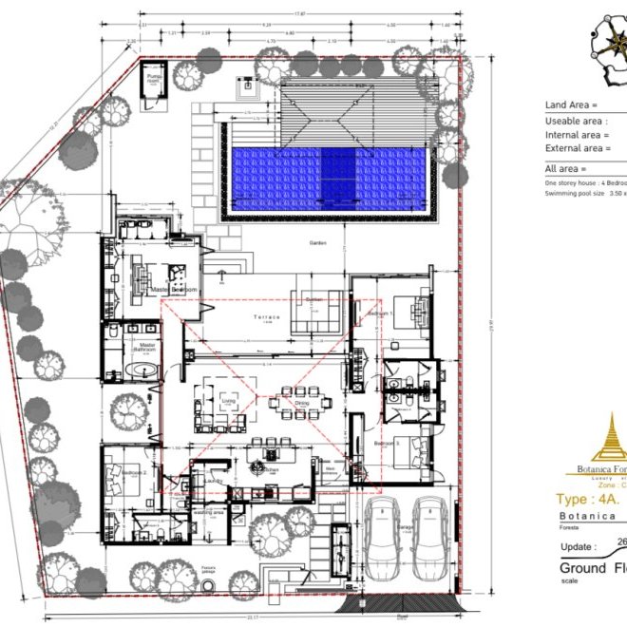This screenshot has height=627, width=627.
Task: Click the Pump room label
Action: tap(153, 80)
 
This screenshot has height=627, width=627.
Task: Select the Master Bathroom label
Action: tap(146, 348)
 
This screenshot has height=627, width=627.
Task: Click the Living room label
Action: tap(228, 402)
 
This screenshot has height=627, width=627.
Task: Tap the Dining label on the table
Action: tap(301, 403)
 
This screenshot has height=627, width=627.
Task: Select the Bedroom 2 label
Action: tap(132, 471)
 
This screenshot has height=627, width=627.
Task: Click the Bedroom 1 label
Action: tap(384, 313)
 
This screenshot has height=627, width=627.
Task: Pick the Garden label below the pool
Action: tap(317, 243)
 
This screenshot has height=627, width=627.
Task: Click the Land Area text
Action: tap(571, 105)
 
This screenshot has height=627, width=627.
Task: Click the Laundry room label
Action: tap(213, 481)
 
